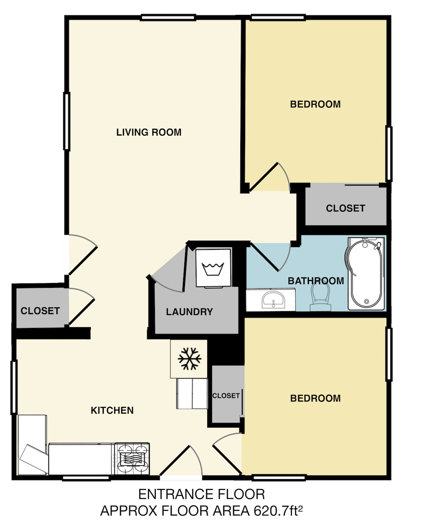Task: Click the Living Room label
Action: [149, 132]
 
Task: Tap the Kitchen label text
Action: [112, 410]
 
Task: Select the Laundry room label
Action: [189, 312]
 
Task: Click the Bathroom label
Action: [316, 281]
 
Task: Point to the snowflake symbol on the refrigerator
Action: [189, 359]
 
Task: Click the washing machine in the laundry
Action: [213, 268]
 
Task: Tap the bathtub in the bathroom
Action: [366, 273]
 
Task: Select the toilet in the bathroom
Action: [321, 297]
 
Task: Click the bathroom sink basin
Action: [273, 299]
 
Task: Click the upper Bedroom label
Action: [315, 104]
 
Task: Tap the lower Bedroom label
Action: [315, 398]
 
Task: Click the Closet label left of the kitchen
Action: [40, 311]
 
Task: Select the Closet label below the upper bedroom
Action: [345, 208]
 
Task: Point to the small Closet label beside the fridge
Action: [226, 396]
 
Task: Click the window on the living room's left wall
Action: [67, 121]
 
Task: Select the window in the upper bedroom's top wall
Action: [278, 18]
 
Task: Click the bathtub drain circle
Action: [366, 301]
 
